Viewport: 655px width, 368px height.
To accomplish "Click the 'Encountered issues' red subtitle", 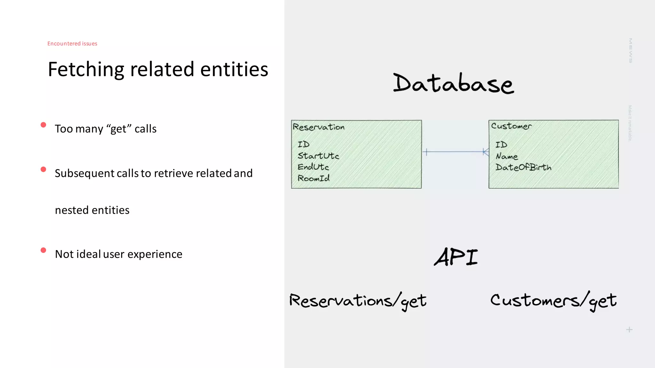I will [x=72, y=43].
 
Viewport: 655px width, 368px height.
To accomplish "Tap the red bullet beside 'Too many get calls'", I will [x=43, y=125].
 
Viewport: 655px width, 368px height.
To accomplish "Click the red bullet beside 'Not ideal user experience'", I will [x=43, y=250].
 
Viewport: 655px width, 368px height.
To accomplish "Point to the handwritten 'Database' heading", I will [x=453, y=83].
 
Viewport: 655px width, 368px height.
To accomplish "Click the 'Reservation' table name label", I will [x=319, y=127].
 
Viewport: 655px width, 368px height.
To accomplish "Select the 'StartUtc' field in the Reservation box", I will [x=318, y=156].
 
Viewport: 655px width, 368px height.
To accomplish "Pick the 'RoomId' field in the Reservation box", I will [x=313, y=178].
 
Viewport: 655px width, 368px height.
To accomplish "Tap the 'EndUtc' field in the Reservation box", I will [x=313, y=167].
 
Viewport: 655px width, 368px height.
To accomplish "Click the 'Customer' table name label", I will [x=511, y=126].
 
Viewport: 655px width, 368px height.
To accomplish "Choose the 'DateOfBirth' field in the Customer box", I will [x=523, y=167].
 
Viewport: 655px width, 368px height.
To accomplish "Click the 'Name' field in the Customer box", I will [x=507, y=156].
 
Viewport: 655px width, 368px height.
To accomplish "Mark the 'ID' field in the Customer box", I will [x=501, y=145].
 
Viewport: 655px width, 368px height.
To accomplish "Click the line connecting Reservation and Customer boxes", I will [x=455, y=152].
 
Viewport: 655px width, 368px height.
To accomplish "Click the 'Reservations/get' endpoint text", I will [x=358, y=301].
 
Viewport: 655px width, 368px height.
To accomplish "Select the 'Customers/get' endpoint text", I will [x=553, y=301].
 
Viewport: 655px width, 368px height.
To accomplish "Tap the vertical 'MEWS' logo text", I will [x=630, y=50].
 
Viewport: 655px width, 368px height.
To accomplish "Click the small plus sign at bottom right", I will [x=629, y=330].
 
